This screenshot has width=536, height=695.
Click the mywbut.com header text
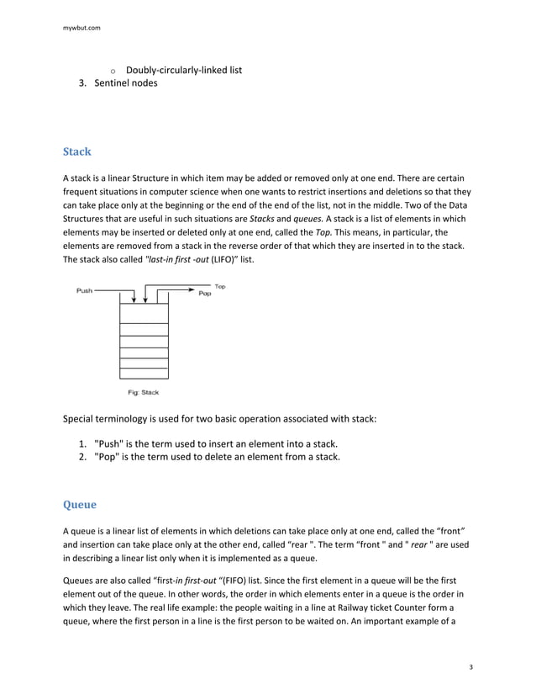click(81, 28)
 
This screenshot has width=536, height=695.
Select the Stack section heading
click(77, 152)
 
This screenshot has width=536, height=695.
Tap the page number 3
click(471, 667)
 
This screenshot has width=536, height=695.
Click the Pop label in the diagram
click(204, 296)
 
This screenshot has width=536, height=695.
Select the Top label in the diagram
click(220, 287)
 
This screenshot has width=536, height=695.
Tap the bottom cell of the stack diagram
click(144, 374)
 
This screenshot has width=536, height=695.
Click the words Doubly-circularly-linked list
click(183, 70)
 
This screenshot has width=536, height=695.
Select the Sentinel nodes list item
click(125, 83)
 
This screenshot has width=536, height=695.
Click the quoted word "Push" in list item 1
click(109, 443)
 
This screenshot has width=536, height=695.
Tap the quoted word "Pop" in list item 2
click(107, 458)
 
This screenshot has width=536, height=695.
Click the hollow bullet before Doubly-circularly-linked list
click(113, 71)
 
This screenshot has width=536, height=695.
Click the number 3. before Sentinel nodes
click(84, 83)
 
